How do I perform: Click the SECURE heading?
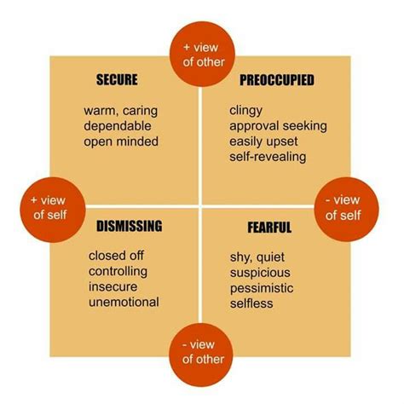pyautogui.click(x=117, y=79)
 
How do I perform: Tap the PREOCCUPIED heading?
pyautogui.click(x=277, y=80)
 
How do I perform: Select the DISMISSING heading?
pyautogui.click(x=130, y=226)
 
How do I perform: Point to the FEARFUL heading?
pyautogui.click(x=269, y=228)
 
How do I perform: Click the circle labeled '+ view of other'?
pyautogui.click(x=202, y=54)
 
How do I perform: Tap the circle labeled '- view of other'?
pyautogui.click(x=201, y=355)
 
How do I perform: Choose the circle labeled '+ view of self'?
pyautogui.click(x=53, y=210)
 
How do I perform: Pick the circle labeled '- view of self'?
pyautogui.click(x=346, y=210)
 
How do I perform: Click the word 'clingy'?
pyautogui.click(x=245, y=111)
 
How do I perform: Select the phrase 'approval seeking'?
pyautogui.click(x=278, y=126)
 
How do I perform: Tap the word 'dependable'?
pyautogui.click(x=118, y=126)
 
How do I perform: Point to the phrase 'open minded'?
pyautogui.click(x=121, y=141)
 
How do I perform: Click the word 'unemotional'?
pyautogui.click(x=124, y=302)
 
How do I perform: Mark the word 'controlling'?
pyautogui.click(x=118, y=271)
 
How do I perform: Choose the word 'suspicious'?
pyautogui.click(x=260, y=273)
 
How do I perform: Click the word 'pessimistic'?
pyautogui.click(x=262, y=288)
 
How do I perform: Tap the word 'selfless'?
pyautogui.click(x=251, y=303)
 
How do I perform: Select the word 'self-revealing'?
pyautogui.click(x=268, y=157)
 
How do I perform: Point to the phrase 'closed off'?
pyautogui.click(x=116, y=256)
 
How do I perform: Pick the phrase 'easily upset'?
pyautogui.click(x=263, y=141)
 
